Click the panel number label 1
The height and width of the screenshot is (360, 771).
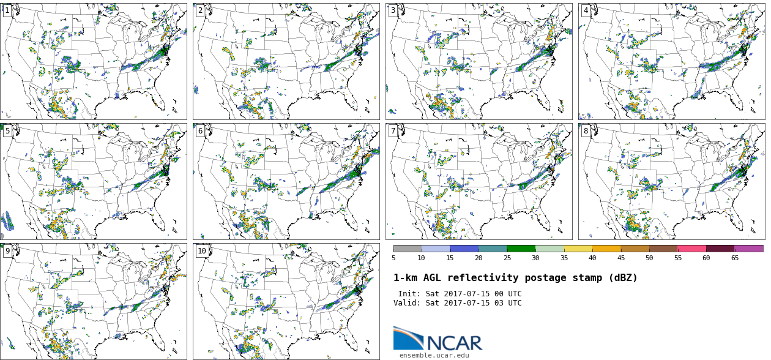click(7, 10)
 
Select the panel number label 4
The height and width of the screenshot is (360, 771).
click(586, 10)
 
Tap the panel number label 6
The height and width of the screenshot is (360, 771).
click(200, 131)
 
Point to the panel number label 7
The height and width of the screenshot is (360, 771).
click(393, 131)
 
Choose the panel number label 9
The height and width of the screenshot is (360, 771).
click(7, 251)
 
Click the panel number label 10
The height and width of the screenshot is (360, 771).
click(202, 251)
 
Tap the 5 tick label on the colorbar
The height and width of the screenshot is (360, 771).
click(393, 258)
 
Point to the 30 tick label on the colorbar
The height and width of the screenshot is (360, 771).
click(535, 258)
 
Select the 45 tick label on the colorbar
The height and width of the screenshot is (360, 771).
click(621, 258)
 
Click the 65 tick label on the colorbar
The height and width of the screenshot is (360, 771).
click(734, 258)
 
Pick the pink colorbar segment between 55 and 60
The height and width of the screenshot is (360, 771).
click(691, 249)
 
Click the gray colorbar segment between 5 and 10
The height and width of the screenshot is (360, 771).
click(408, 249)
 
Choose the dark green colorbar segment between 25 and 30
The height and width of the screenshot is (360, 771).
click(521, 249)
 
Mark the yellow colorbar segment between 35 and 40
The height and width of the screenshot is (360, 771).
click(578, 249)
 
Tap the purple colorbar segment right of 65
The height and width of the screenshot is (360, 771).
click(749, 249)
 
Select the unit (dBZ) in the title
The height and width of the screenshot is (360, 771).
click(622, 278)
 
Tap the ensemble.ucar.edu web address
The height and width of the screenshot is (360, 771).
click(434, 355)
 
